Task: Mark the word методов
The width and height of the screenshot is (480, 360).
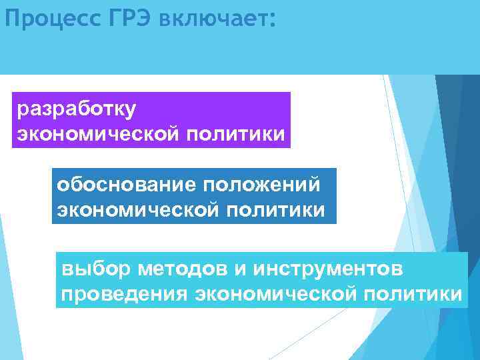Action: [179, 268]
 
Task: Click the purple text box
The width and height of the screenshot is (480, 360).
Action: [151, 120]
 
